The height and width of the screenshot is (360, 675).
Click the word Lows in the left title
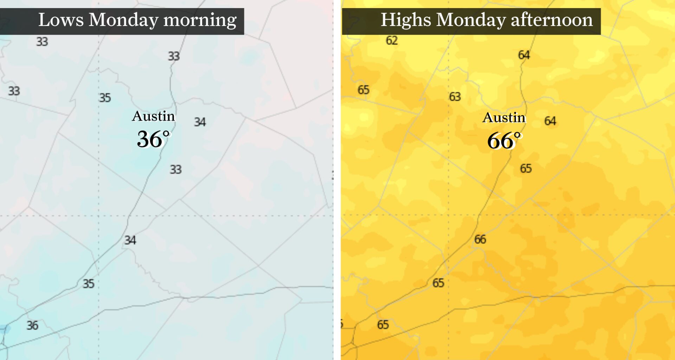(60, 20)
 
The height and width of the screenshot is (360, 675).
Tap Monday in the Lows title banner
(123, 20)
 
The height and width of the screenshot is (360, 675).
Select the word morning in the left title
(200, 20)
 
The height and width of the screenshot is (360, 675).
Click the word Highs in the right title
(406, 20)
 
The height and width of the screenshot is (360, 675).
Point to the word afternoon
(552, 20)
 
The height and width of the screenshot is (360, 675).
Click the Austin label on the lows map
(153, 116)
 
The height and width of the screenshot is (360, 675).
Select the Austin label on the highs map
(504, 118)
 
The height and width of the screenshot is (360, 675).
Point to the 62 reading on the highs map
(392, 40)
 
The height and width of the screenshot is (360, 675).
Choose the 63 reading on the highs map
(455, 97)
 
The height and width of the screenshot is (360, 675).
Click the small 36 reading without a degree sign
(32, 326)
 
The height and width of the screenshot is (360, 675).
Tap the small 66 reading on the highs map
(480, 239)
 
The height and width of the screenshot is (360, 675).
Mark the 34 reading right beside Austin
(200, 122)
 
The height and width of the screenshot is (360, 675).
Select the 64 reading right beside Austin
(550, 121)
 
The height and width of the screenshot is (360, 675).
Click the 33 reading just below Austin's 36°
(176, 169)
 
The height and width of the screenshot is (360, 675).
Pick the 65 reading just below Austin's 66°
(526, 168)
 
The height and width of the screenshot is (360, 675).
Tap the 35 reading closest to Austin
(105, 98)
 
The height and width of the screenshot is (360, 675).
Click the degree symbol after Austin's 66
(517, 135)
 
